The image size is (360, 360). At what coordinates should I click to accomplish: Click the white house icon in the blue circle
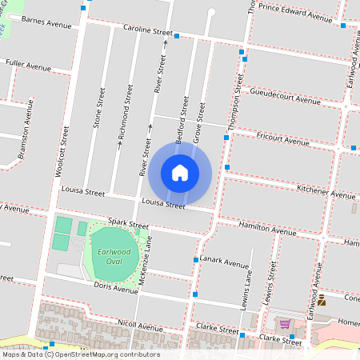tap(180, 172)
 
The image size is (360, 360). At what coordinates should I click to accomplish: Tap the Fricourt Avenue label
tap(282, 138)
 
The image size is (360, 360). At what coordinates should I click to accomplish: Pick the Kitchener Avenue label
tap(326, 191)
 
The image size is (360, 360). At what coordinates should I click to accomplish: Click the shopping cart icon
tap(285, 323)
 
